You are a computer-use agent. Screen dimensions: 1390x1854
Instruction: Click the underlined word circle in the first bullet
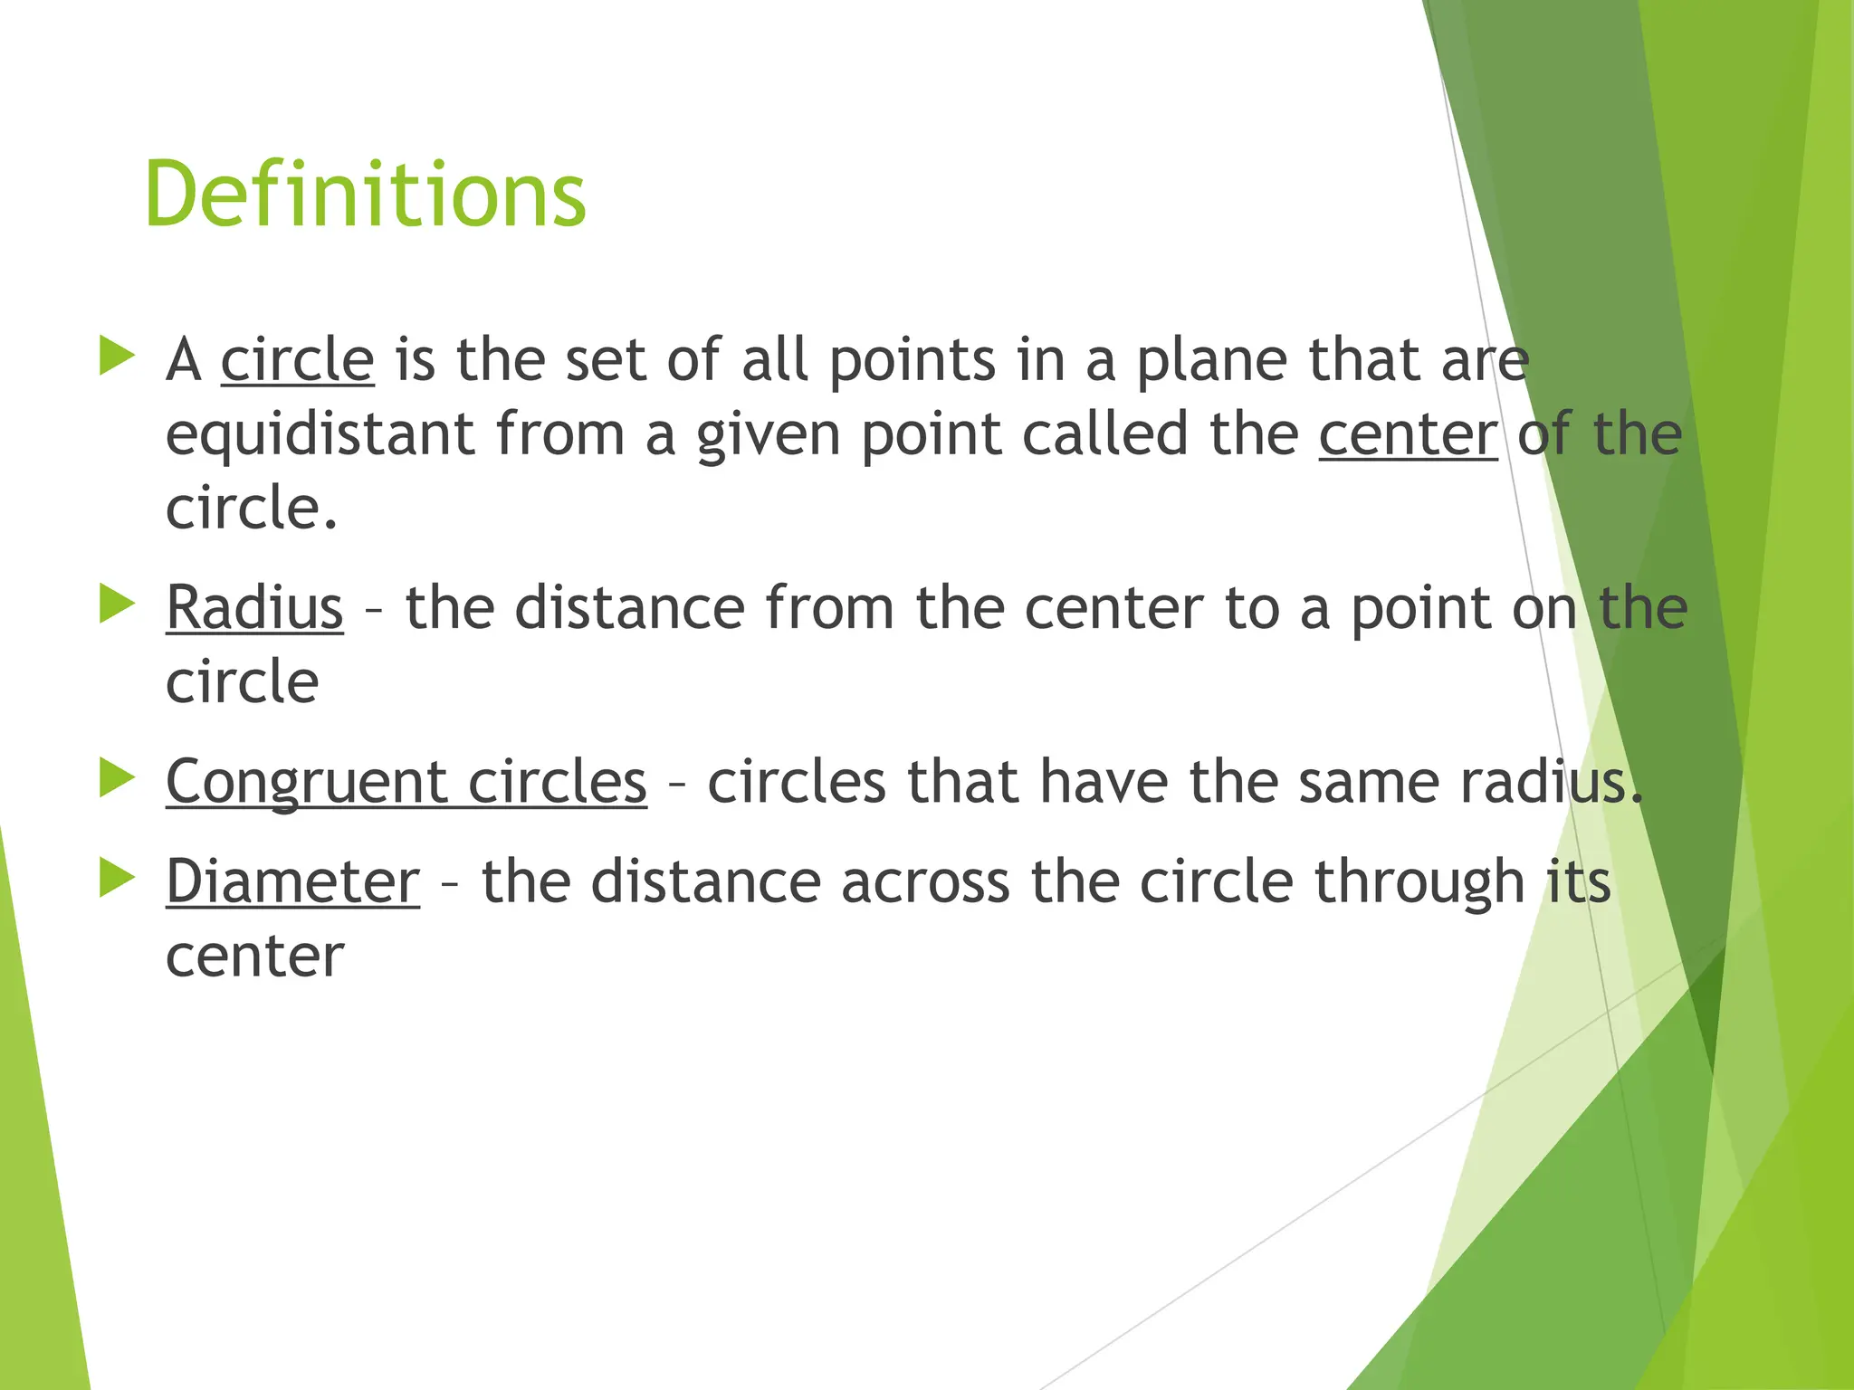pos(297,359)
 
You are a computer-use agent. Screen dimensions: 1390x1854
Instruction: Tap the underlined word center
pos(1408,434)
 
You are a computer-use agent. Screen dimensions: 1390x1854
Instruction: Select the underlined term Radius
pos(254,607)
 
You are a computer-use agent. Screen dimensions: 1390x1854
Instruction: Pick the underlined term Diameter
pos(292,881)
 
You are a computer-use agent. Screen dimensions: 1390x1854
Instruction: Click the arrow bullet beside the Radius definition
pos(117,604)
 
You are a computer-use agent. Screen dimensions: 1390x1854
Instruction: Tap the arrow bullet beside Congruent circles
pos(117,777)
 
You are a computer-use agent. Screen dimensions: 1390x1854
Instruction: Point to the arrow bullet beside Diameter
pos(117,877)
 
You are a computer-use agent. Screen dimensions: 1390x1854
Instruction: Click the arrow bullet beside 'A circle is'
pos(117,356)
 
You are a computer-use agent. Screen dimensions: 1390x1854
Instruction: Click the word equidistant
pos(320,434)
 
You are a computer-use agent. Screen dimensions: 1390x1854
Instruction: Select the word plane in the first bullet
pos(1211,361)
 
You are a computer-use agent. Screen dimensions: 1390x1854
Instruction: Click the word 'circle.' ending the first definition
pos(252,508)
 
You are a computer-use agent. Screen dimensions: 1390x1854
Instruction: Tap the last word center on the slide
pos(254,957)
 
